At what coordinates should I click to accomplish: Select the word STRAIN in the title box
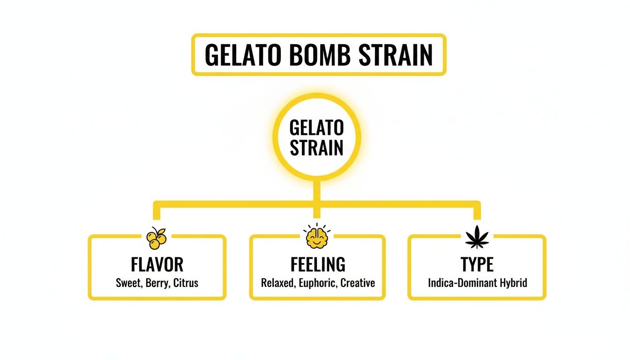coord(396,55)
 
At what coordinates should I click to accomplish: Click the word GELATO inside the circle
coord(317,127)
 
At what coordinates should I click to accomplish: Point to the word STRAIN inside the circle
coord(317,148)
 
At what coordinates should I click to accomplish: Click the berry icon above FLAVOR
coord(157,238)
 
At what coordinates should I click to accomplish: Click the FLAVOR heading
coord(157,265)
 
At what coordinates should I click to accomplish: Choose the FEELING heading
coord(318,265)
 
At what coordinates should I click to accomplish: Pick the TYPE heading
coord(477,265)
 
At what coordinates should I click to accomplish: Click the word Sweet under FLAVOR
coord(127,283)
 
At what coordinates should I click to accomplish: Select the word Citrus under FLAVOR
coord(186,283)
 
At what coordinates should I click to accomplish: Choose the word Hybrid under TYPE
coord(514,283)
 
